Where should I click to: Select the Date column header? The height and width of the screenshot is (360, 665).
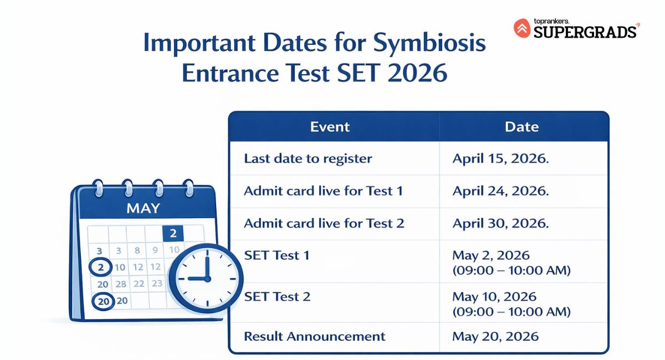(x=521, y=127)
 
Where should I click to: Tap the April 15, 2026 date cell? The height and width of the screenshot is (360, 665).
(x=500, y=159)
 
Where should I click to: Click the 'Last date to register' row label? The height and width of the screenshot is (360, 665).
(x=308, y=159)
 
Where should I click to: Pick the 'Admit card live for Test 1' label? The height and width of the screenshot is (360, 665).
(x=323, y=191)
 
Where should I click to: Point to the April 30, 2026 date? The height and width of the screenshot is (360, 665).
(x=500, y=223)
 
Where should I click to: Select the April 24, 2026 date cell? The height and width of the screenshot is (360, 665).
(x=500, y=191)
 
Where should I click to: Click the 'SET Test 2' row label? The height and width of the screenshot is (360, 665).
(x=277, y=296)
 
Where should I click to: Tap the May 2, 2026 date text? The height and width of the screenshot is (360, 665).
(x=491, y=255)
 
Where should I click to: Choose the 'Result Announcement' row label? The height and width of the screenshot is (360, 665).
(x=314, y=336)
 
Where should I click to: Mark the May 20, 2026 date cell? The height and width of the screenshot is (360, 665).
(x=495, y=336)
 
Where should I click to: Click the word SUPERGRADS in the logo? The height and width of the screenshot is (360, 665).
(x=585, y=32)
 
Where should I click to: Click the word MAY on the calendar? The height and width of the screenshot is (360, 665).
(x=143, y=209)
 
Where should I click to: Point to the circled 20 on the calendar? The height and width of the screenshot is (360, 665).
(x=103, y=301)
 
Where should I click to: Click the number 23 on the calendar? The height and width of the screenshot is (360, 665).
(x=157, y=284)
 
